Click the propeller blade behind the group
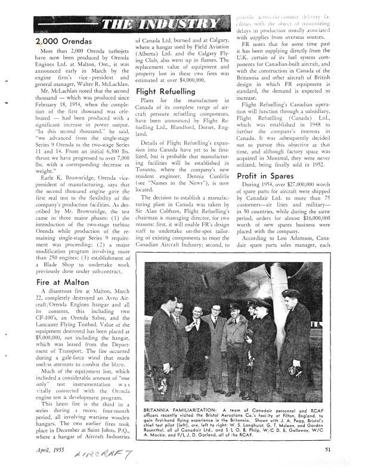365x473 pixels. coord(276,299)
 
